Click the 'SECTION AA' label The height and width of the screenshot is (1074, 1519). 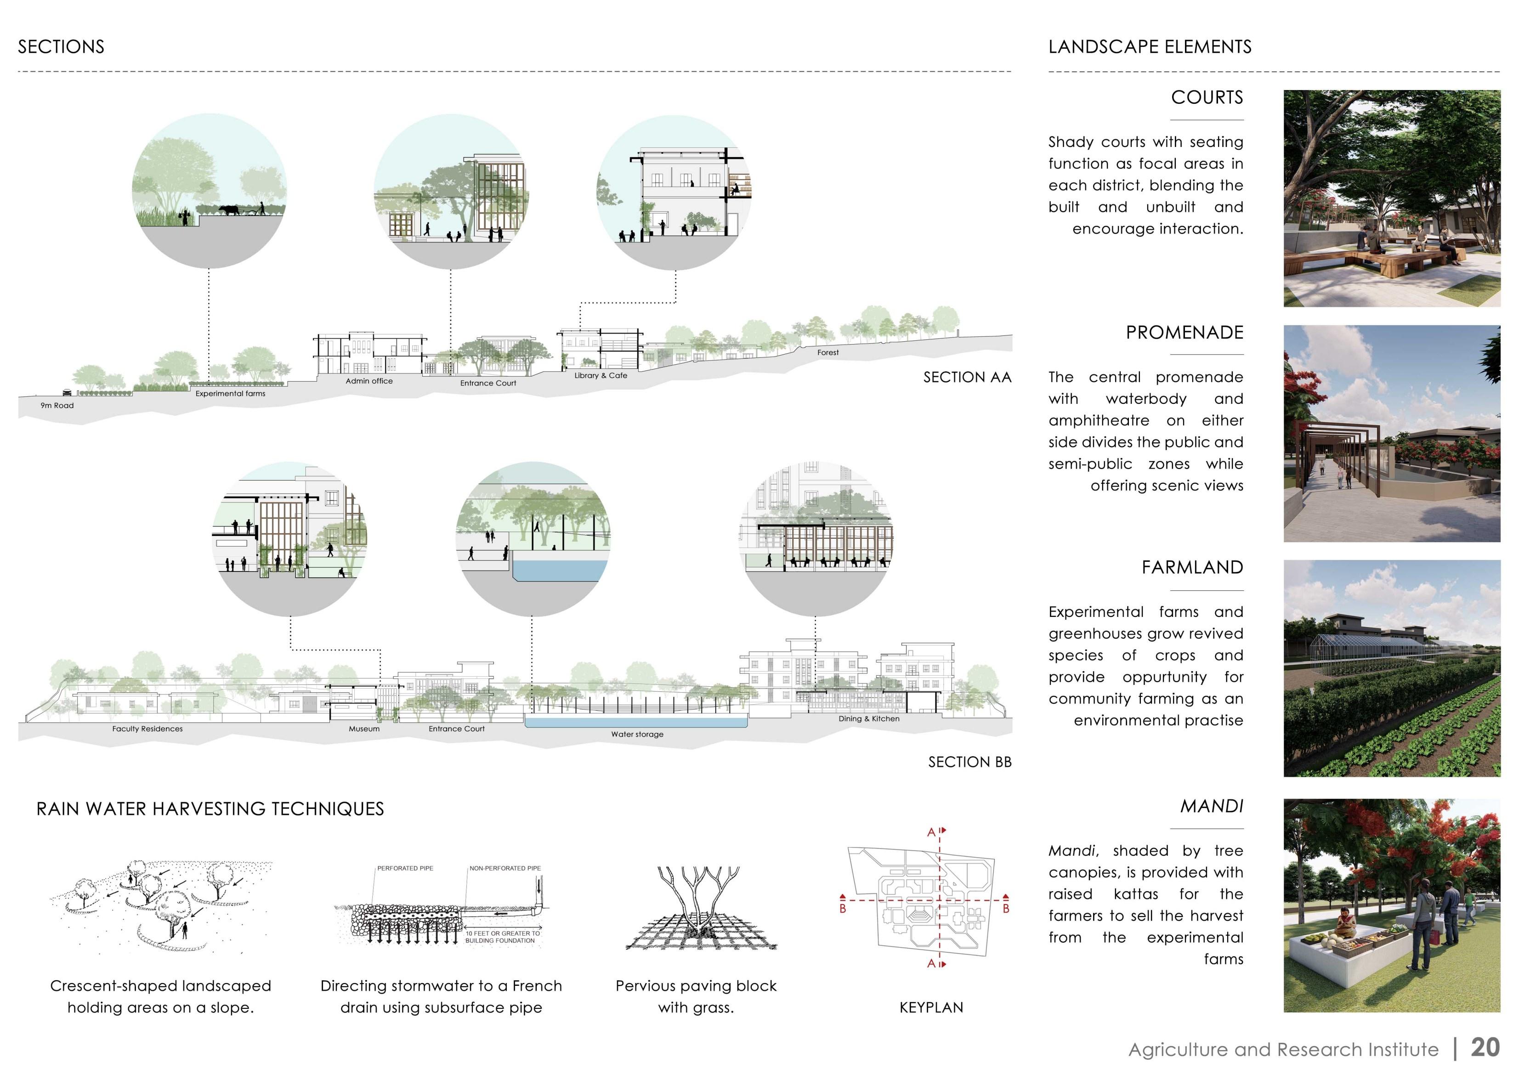click(x=967, y=378)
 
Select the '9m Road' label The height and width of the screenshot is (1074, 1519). click(x=57, y=406)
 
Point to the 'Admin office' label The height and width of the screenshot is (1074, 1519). click(x=368, y=381)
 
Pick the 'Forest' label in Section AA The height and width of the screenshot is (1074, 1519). click(x=828, y=352)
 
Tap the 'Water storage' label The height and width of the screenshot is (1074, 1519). click(x=636, y=734)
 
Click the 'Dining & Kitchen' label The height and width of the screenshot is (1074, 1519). click(x=869, y=719)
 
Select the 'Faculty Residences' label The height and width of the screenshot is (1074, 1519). click(x=147, y=729)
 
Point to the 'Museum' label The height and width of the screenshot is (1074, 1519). click(x=364, y=729)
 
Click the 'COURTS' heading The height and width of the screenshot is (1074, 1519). click(x=1207, y=98)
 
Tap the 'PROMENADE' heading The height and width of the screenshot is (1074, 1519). click(x=1184, y=333)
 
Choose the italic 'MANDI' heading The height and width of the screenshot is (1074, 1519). click(x=1211, y=807)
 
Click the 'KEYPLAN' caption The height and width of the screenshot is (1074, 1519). click(x=931, y=1008)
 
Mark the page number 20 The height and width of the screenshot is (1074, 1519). click(x=1485, y=1047)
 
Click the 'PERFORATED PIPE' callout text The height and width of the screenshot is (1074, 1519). click(x=405, y=868)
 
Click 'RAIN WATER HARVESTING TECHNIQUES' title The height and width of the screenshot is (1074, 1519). click(x=210, y=809)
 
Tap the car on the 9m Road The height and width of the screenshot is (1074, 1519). click(x=67, y=392)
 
